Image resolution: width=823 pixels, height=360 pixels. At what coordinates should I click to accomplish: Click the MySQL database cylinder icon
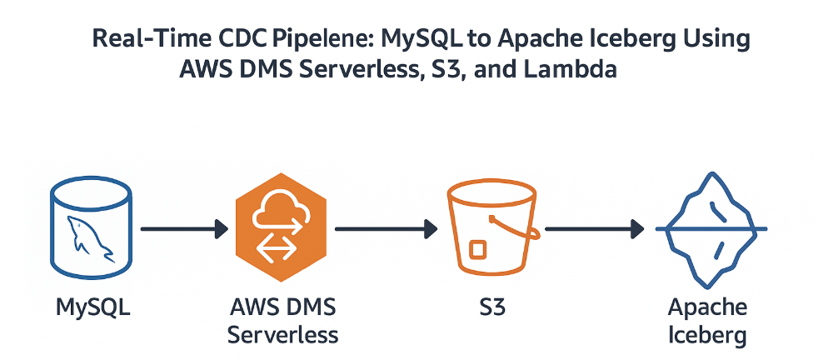point(92,227)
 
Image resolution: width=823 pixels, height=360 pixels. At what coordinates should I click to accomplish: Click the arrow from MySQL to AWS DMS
point(184,227)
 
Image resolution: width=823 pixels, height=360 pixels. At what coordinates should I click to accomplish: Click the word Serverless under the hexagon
point(282,335)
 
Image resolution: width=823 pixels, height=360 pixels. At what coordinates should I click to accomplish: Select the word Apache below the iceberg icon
point(709,308)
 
